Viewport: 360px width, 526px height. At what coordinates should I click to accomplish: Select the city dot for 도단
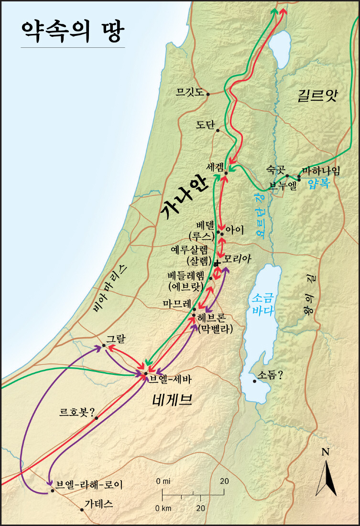tap(218, 130)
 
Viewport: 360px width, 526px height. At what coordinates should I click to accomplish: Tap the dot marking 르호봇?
tap(96, 418)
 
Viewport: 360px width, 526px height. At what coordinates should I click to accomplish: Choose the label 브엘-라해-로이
tap(89, 485)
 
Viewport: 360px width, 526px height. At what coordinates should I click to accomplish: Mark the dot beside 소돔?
tap(254, 381)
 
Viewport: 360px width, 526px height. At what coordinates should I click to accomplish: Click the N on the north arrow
tap(326, 451)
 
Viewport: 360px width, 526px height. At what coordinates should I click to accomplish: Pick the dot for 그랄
tap(104, 345)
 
